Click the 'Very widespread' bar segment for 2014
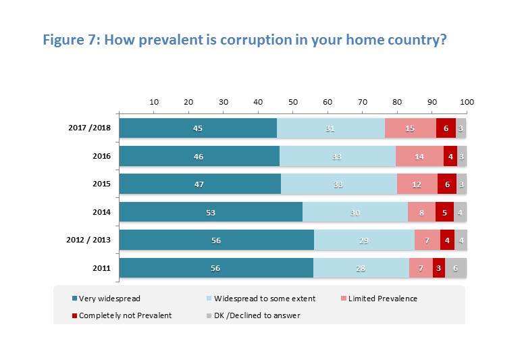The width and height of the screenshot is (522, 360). tap(211, 212)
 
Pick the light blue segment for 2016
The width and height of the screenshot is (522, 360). tap(338, 156)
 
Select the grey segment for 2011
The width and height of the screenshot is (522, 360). tap(456, 267)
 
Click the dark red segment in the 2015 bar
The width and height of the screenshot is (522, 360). tap(447, 184)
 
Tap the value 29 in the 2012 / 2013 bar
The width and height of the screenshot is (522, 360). tap(364, 240)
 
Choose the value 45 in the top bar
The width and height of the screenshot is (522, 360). tap(198, 128)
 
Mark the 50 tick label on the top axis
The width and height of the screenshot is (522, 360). tap(293, 102)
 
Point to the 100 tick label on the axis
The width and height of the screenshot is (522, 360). tap(467, 102)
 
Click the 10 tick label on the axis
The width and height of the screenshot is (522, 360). tap(154, 102)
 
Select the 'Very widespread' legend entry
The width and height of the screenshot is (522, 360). tap(107, 297)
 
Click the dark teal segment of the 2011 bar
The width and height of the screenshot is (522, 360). tap(216, 267)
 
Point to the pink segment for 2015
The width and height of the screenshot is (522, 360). tap(417, 184)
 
